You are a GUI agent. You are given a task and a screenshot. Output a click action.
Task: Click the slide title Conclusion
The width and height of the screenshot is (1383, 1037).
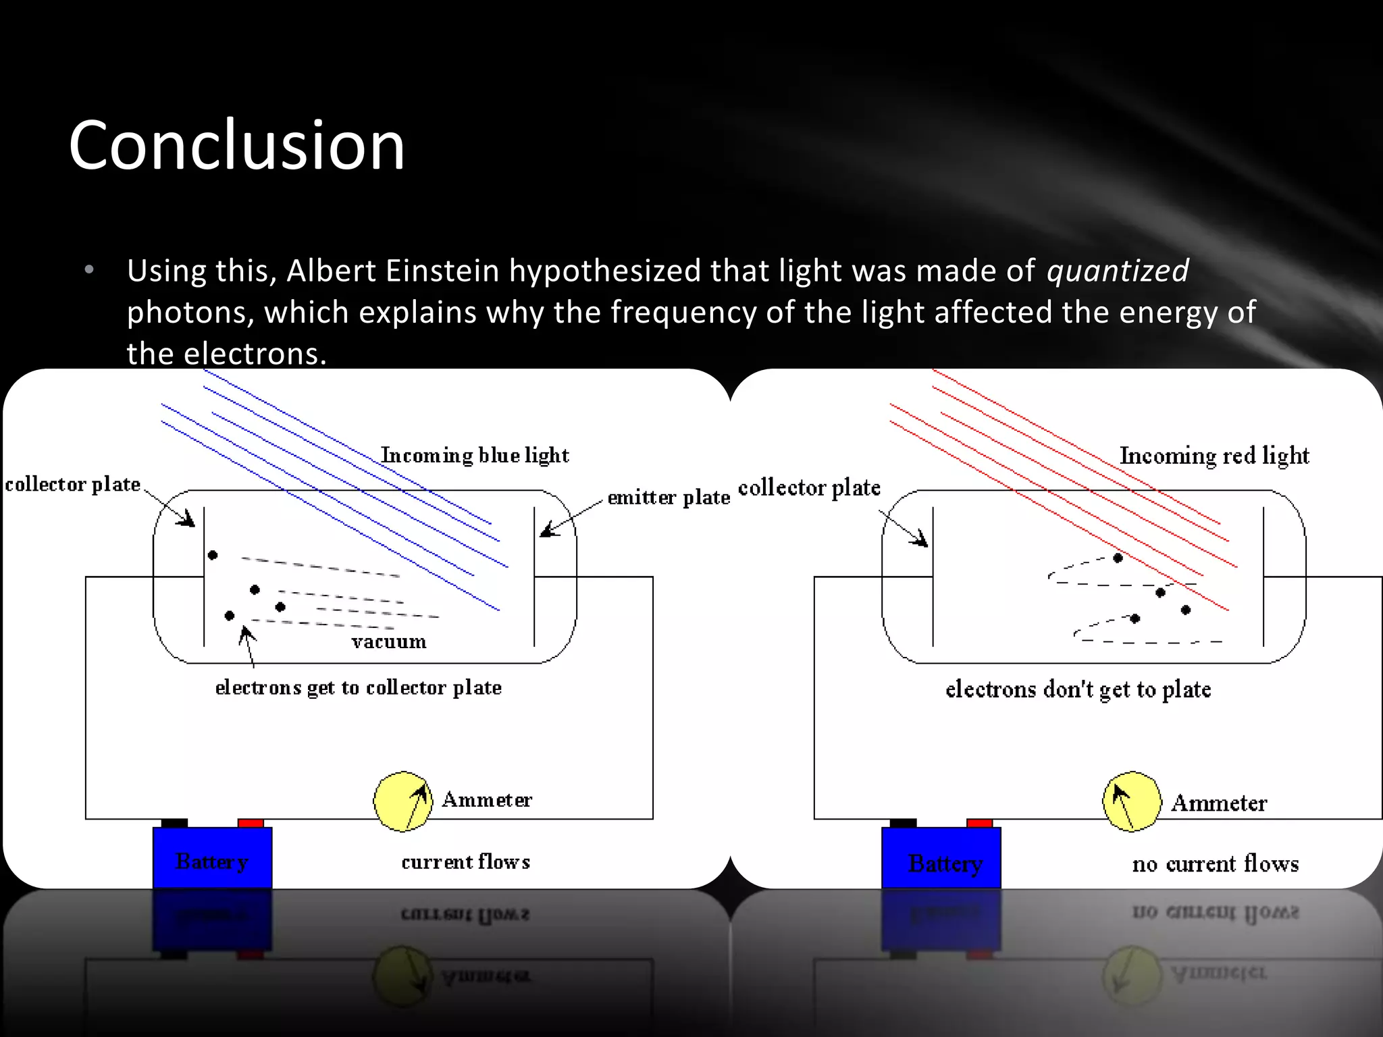click(x=236, y=145)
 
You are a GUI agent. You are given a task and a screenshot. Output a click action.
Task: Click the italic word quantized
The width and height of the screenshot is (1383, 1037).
click(x=1117, y=271)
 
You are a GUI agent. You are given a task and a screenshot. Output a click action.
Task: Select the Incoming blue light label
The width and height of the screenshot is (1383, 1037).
click(x=475, y=455)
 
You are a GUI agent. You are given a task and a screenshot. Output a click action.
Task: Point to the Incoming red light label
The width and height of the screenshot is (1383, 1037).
click(x=1214, y=456)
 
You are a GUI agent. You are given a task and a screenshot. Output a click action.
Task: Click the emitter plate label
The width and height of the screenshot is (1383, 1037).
click(x=669, y=498)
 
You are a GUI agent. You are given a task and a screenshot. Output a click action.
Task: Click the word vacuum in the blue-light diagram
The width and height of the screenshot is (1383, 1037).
click(x=389, y=641)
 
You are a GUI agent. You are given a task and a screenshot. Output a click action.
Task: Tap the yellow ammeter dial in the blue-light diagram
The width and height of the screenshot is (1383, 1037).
click(x=403, y=801)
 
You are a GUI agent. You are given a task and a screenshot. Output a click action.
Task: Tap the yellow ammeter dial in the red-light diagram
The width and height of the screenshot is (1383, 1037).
click(x=1132, y=801)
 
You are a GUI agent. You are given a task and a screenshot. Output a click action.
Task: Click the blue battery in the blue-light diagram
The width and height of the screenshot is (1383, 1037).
click(x=212, y=857)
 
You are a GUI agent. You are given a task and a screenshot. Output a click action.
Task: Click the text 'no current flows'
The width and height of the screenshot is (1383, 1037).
click(x=1215, y=863)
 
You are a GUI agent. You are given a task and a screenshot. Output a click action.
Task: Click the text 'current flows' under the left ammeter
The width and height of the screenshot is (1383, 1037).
click(x=465, y=862)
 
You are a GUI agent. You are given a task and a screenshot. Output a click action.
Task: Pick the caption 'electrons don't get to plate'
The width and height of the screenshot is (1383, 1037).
click(x=1078, y=689)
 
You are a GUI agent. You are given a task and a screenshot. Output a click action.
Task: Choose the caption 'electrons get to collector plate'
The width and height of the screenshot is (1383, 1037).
click(x=358, y=687)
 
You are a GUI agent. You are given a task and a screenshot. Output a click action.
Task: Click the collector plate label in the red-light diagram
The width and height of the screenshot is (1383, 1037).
click(x=809, y=487)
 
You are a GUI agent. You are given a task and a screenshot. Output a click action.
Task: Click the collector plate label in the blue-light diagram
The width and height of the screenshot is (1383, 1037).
click(x=73, y=484)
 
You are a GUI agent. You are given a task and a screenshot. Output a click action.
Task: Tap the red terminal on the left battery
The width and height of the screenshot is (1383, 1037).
click(x=251, y=823)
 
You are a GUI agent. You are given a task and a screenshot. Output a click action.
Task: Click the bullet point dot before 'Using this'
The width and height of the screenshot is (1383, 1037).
click(x=89, y=271)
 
